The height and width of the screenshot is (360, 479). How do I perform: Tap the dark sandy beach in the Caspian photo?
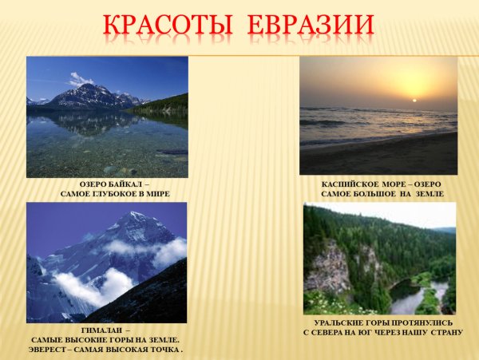pos(375,156)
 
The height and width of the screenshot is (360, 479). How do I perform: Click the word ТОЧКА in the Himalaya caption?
pos(165,350)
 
